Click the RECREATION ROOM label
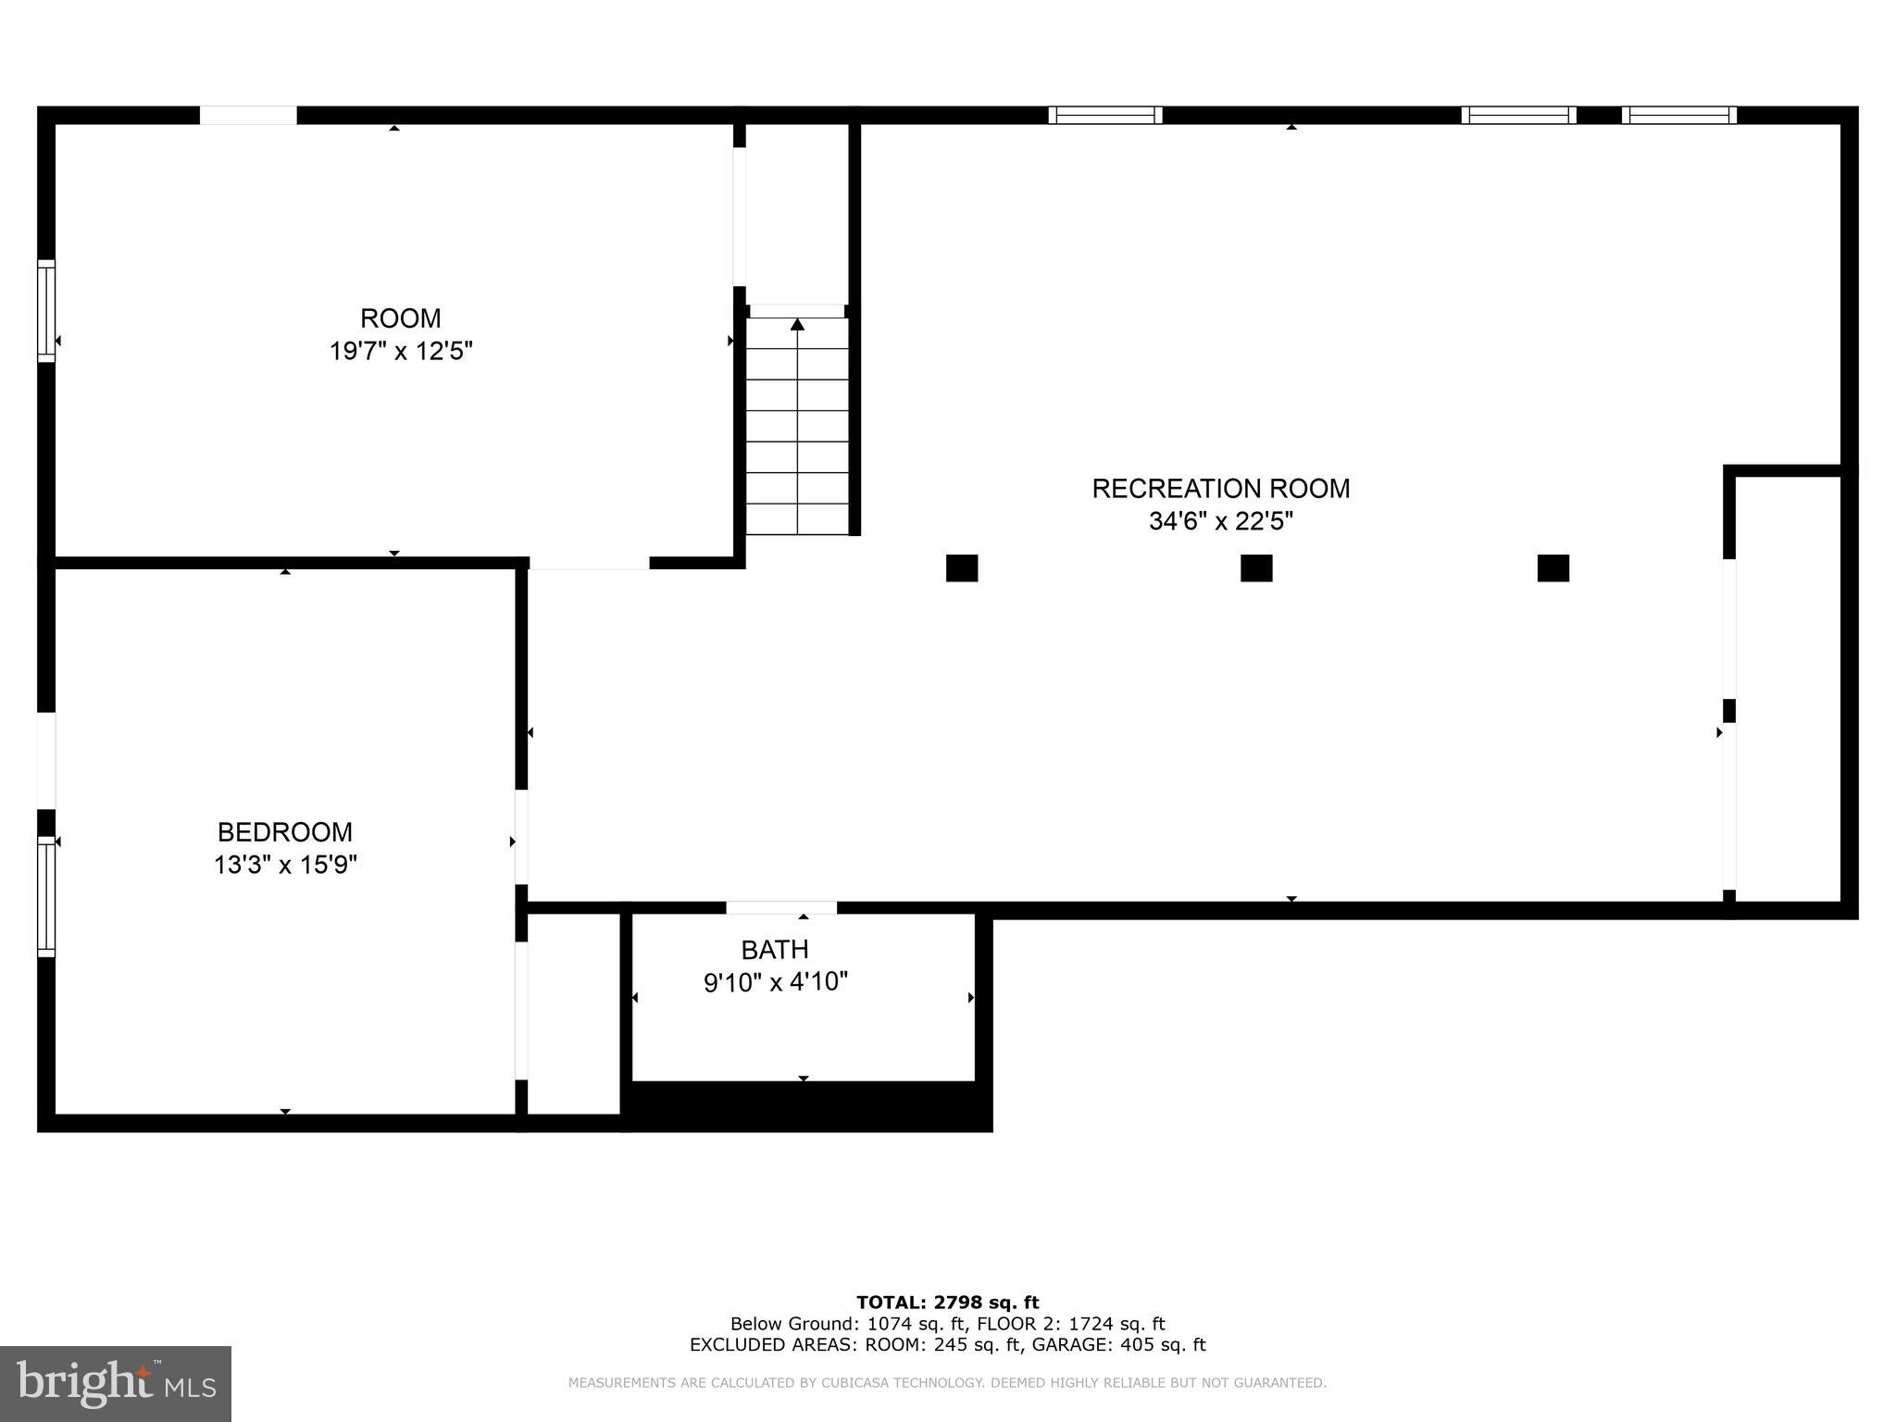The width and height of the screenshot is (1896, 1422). [x=1220, y=488]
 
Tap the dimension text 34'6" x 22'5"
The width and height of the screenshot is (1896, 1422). [x=1220, y=521]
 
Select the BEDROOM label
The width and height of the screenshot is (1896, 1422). [x=285, y=831]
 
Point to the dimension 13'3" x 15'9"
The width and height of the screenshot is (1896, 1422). [x=285, y=865]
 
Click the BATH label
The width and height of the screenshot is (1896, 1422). [x=775, y=949]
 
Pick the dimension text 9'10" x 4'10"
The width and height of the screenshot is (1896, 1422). [x=775, y=981]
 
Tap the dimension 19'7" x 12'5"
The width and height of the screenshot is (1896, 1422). [x=401, y=351]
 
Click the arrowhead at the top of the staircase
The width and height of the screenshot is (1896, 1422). [x=797, y=323]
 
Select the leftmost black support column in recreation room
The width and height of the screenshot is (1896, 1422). [x=962, y=568]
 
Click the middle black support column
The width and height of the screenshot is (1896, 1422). [x=1256, y=568]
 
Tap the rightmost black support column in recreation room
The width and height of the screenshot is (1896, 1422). [x=1553, y=568]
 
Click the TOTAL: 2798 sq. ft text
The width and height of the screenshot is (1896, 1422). [x=947, y=1303]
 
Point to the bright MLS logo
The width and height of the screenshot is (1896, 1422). [x=115, y=1383]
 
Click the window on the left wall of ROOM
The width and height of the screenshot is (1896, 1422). [x=46, y=311]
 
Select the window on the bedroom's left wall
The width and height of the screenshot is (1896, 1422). [x=46, y=895]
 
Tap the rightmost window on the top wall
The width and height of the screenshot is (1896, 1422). [x=1678, y=115]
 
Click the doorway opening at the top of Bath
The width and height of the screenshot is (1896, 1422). [x=781, y=908]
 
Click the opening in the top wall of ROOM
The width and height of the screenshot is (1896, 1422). [x=248, y=115]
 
